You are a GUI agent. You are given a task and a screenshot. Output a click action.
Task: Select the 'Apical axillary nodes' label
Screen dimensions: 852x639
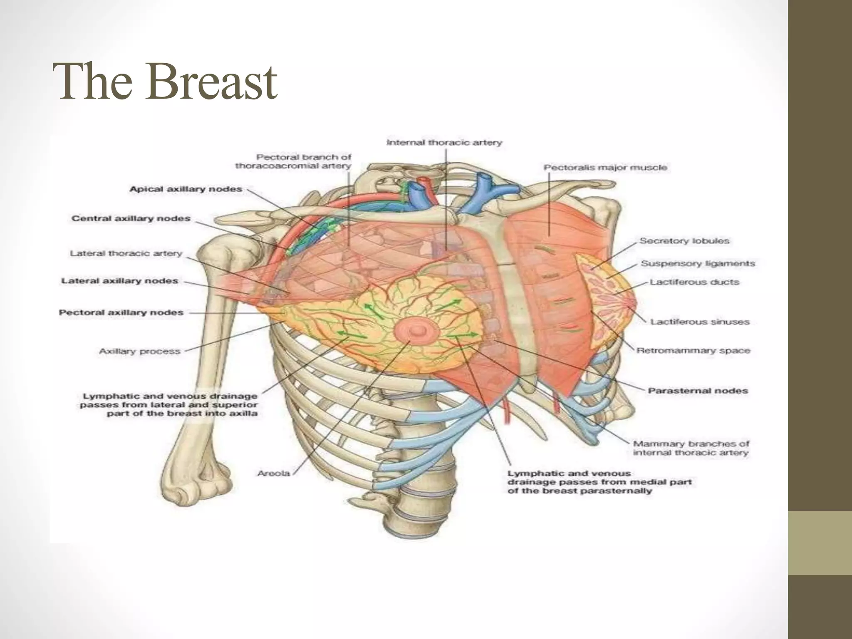click(x=186, y=189)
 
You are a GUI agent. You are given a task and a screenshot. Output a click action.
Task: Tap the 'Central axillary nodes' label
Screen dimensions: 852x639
click(x=131, y=218)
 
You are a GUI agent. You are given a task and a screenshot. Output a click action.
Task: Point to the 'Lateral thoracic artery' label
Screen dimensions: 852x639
click(x=126, y=253)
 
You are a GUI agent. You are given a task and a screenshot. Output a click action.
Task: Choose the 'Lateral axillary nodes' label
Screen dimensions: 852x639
click(x=120, y=281)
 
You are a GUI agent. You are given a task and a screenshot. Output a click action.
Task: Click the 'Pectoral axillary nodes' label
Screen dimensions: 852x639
click(x=121, y=312)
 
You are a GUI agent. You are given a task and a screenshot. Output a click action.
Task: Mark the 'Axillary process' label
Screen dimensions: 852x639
click(x=140, y=352)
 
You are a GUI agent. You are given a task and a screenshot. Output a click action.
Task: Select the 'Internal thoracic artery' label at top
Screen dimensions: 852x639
click(x=444, y=143)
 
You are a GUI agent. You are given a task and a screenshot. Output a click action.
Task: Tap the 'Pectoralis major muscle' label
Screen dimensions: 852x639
click(x=605, y=168)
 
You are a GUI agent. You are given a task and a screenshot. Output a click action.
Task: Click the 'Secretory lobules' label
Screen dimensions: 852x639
click(x=684, y=241)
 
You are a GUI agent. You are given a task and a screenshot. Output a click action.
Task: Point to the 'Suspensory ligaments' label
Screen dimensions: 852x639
click(x=698, y=263)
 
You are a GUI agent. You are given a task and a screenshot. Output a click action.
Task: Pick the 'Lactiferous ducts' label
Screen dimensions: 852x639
click(x=694, y=282)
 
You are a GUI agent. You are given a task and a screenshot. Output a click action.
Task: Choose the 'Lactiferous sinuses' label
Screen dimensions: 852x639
click(x=700, y=322)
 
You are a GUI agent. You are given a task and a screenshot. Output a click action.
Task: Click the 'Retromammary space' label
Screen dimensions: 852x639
click(x=693, y=351)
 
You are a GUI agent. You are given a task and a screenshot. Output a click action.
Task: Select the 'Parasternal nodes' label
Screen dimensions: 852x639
click(x=698, y=391)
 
